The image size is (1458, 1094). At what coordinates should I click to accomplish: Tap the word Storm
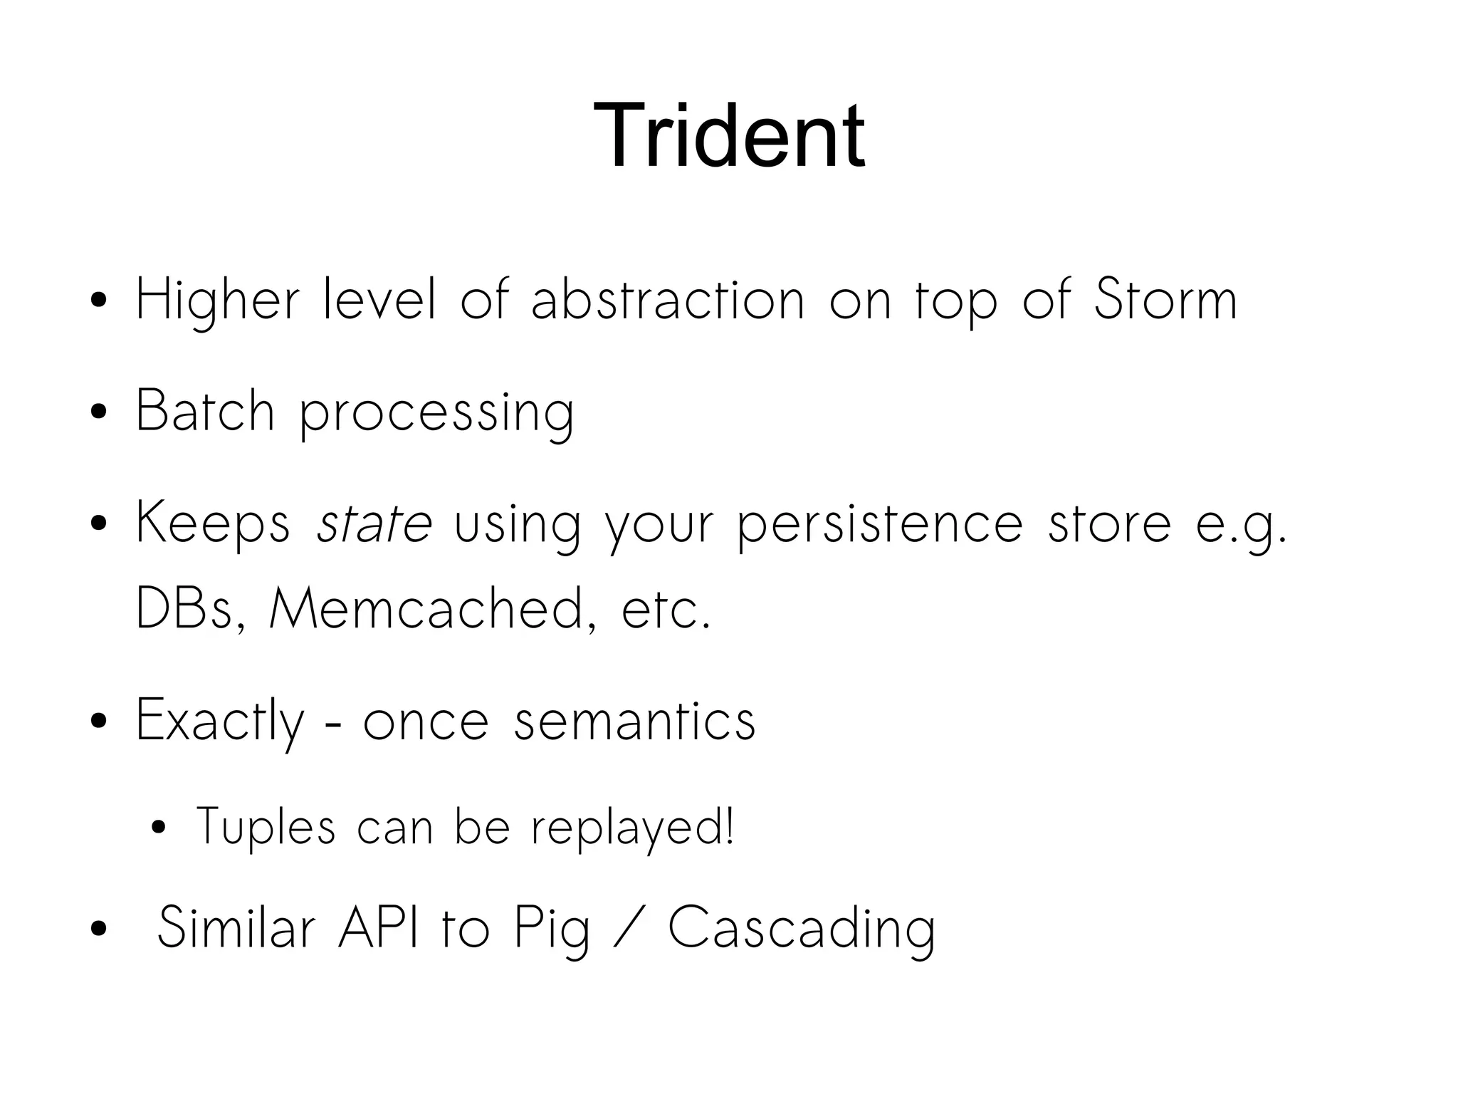1165,299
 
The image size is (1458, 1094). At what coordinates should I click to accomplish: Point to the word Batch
205,411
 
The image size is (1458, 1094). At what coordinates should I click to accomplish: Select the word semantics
634,721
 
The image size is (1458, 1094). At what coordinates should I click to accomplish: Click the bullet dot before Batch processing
99,412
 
